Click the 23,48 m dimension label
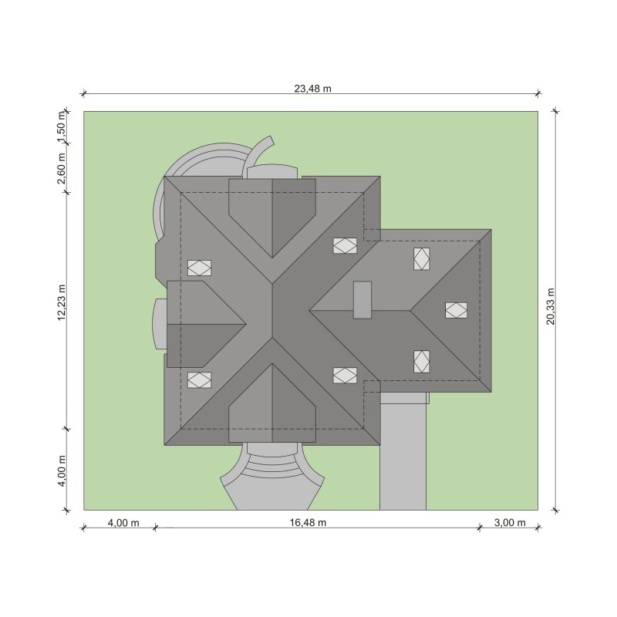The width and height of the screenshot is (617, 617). pyautogui.click(x=313, y=89)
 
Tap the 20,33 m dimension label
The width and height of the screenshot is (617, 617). pyautogui.click(x=550, y=306)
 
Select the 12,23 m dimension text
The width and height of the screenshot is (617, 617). pyautogui.click(x=62, y=302)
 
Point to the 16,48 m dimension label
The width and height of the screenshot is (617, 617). pyautogui.click(x=308, y=523)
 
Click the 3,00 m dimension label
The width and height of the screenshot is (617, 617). pyautogui.click(x=510, y=523)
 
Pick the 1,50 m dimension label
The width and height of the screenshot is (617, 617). pyautogui.click(x=62, y=128)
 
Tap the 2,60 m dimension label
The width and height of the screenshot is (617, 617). pyautogui.click(x=62, y=168)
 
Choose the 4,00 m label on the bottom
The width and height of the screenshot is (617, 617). pyautogui.click(x=123, y=523)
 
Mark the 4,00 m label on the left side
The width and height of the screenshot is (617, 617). pyautogui.click(x=62, y=470)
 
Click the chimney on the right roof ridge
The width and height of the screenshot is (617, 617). pyautogui.click(x=362, y=300)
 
